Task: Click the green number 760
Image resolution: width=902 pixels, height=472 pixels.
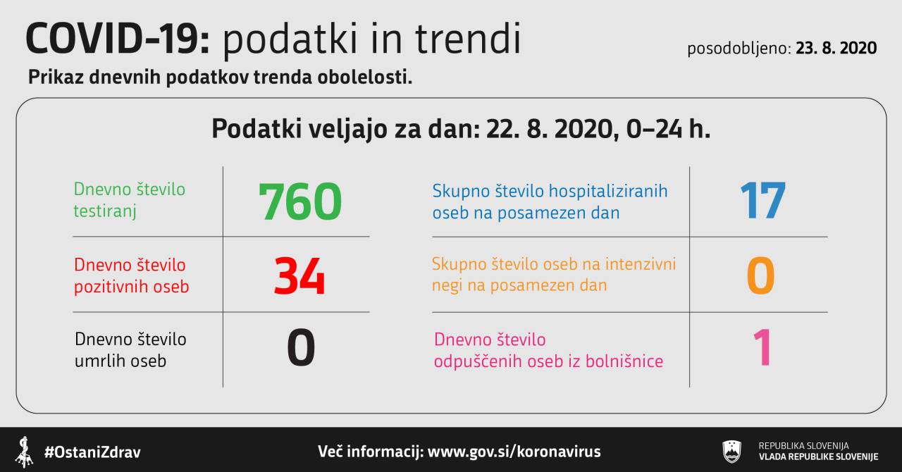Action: click(300, 201)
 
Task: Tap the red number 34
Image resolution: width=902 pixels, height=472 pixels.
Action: click(299, 276)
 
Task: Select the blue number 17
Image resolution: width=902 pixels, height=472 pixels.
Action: click(763, 200)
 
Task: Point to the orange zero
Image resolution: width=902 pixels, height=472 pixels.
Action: click(760, 275)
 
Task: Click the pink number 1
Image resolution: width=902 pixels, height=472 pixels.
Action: click(762, 347)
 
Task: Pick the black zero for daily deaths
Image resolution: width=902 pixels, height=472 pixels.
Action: click(301, 347)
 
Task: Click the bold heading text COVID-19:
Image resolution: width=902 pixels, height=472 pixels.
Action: click(118, 39)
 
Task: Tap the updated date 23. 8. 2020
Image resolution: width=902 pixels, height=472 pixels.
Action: click(836, 48)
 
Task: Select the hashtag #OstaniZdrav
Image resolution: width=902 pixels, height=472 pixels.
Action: click(92, 452)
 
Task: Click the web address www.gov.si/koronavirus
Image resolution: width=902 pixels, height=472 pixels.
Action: click(514, 452)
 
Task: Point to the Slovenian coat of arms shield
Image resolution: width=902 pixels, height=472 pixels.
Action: click(732, 451)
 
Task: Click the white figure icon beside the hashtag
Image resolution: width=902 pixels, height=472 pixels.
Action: click(25, 452)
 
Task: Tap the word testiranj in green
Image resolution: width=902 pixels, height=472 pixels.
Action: click(105, 211)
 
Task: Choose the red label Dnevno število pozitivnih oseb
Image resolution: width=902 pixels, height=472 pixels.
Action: click(132, 276)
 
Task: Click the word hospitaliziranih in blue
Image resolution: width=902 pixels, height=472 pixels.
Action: click(608, 192)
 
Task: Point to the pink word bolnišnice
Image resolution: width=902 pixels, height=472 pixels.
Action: click(624, 361)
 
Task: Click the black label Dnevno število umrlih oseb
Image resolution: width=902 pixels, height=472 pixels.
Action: click(130, 350)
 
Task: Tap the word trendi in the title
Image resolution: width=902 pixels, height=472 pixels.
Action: click(468, 39)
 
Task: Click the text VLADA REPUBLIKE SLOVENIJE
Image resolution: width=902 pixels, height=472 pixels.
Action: click(819, 457)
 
